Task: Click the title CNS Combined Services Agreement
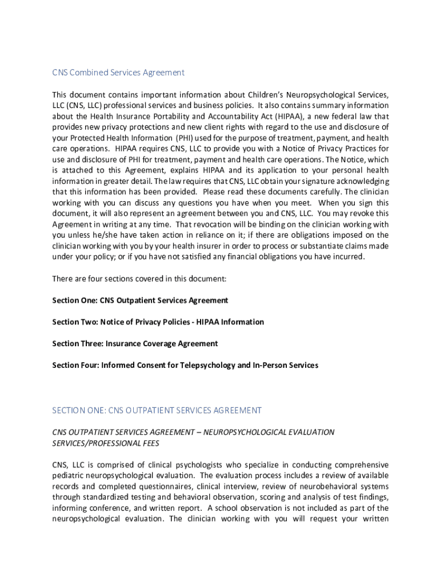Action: pos(118,73)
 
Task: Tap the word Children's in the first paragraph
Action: pos(265,94)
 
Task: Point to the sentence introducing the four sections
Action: pos(139,279)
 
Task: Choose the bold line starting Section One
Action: pos(140,300)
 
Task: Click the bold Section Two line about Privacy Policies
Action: pos(158,322)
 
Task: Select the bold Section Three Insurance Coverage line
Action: pos(135,344)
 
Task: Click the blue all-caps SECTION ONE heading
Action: pos(157,410)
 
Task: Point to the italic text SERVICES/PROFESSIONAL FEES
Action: pos(106,443)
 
